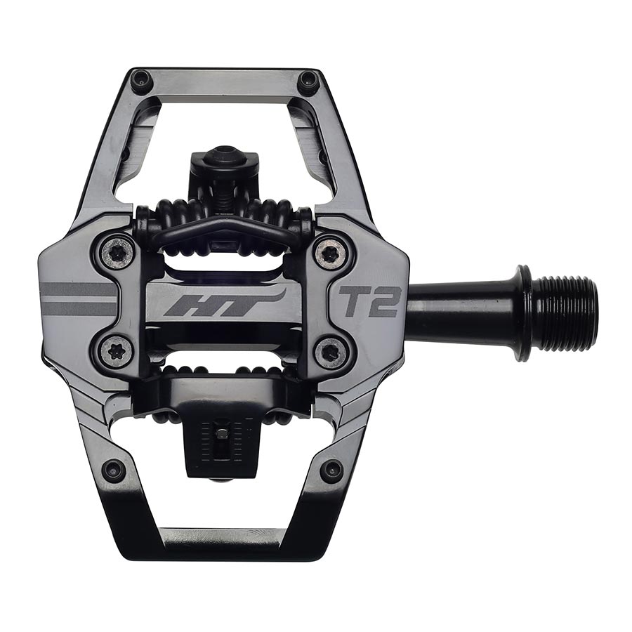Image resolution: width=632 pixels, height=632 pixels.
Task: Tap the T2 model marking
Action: pyautogui.click(x=370, y=301)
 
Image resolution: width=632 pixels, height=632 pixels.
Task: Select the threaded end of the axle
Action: pyautogui.click(x=569, y=312)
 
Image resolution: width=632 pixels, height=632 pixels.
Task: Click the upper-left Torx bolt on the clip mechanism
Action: pyautogui.click(x=117, y=251)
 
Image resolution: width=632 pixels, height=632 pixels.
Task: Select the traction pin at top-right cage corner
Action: pyautogui.click(x=308, y=82)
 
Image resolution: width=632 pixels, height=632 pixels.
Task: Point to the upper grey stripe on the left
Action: pyautogui.click(x=79, y=289)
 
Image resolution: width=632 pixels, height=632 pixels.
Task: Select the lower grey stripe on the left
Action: pyautogui.click(x=79, y=309)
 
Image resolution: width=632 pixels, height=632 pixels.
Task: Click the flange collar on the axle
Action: pyautogui.click(x=523, y=312)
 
